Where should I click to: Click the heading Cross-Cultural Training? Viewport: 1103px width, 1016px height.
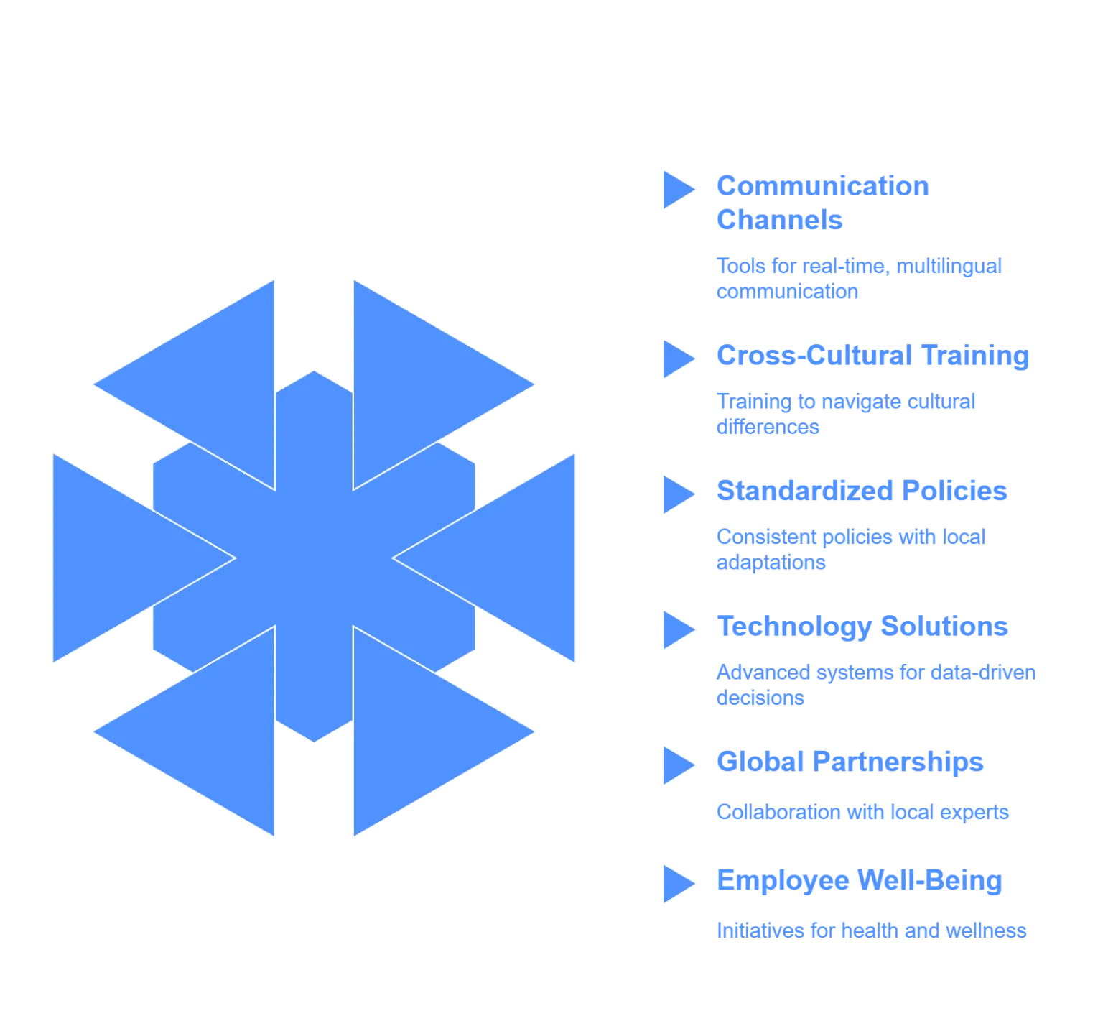point(872,356)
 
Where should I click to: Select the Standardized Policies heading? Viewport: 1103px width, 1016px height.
point(862,491)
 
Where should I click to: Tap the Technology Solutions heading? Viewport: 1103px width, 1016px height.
point(862,627)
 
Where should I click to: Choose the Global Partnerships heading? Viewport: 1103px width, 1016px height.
point(850,762)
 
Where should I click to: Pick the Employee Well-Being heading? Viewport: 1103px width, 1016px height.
point(858,882)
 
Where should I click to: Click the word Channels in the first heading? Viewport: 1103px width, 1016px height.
point(779,220)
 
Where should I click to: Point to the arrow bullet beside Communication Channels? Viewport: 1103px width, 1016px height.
point(677,190)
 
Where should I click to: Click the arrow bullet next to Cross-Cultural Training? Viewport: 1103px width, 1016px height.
point(677,358)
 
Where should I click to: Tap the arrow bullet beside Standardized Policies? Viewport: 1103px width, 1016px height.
point(677,494)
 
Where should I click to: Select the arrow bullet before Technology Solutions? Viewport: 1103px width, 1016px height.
point(677,629)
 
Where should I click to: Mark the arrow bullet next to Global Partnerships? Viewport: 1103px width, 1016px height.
point(677,765)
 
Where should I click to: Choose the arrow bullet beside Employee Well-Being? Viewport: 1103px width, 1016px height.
point(677,883)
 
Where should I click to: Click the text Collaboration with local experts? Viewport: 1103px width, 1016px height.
point(862,813)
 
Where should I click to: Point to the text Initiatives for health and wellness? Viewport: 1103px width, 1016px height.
point(870,932)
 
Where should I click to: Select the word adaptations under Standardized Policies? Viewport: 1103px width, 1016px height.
point(770,563)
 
